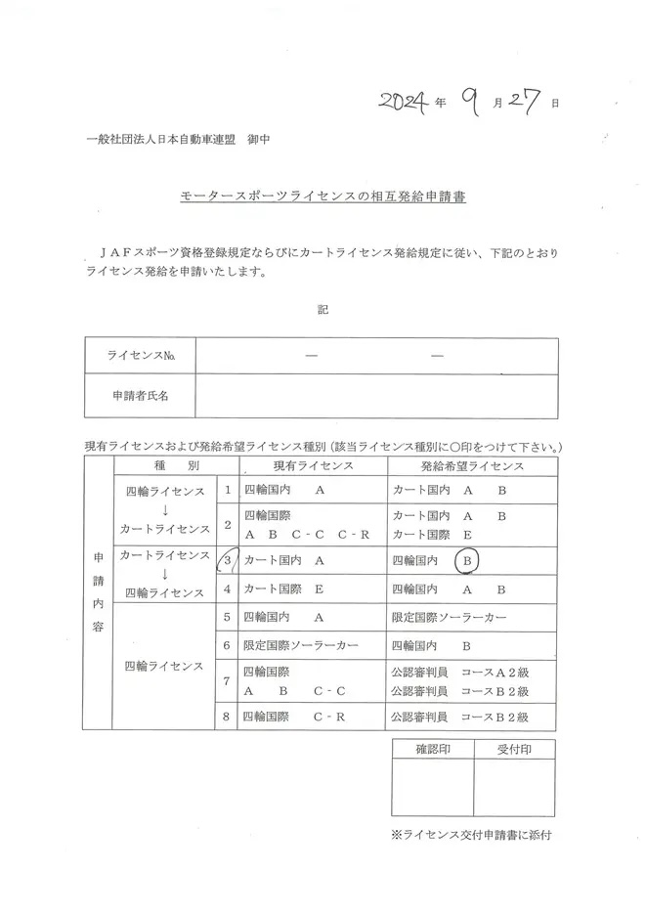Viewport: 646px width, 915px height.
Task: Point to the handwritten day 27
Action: click(x=528, y=101)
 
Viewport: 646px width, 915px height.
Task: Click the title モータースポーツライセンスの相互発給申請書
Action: click(x=323, y=196)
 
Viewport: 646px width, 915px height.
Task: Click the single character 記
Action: click(x=323, y=310)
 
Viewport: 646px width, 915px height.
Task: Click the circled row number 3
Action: click(x=228, y=561)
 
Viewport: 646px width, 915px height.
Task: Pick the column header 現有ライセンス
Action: click(x=312, y=466)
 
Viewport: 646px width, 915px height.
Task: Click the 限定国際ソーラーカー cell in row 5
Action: click(x=450, y=618)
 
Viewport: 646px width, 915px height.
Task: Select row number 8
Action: click(x=227, y=717)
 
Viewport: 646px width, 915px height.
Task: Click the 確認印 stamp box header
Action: click(x=431, y=750)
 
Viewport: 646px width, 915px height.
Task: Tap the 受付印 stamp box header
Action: click(x=514, y=750)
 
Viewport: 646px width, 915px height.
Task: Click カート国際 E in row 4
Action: click(x=283, y=589)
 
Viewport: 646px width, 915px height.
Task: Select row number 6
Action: click(x=227, y=646)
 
